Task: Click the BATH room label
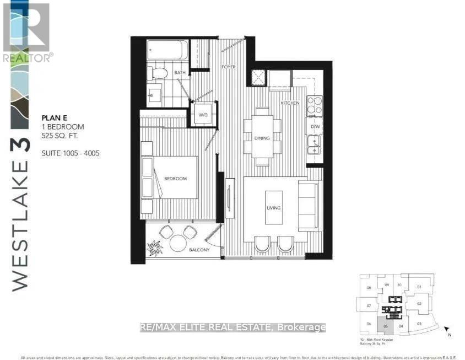click(x=180, y=72)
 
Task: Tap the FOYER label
click(x=229, y=67)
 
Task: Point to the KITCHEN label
click(x=290, y=103)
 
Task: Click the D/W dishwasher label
click(x=315, y=126)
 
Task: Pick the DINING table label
click(x=262, y=138)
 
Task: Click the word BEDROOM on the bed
click(x=175, y=179)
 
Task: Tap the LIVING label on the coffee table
click(x=274, y=208)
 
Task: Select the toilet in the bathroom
click(x=159, y=73)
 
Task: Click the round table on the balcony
click(x=179, y=242)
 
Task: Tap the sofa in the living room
click(x=307, y=206)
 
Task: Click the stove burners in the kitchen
click(x=315, y=105)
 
